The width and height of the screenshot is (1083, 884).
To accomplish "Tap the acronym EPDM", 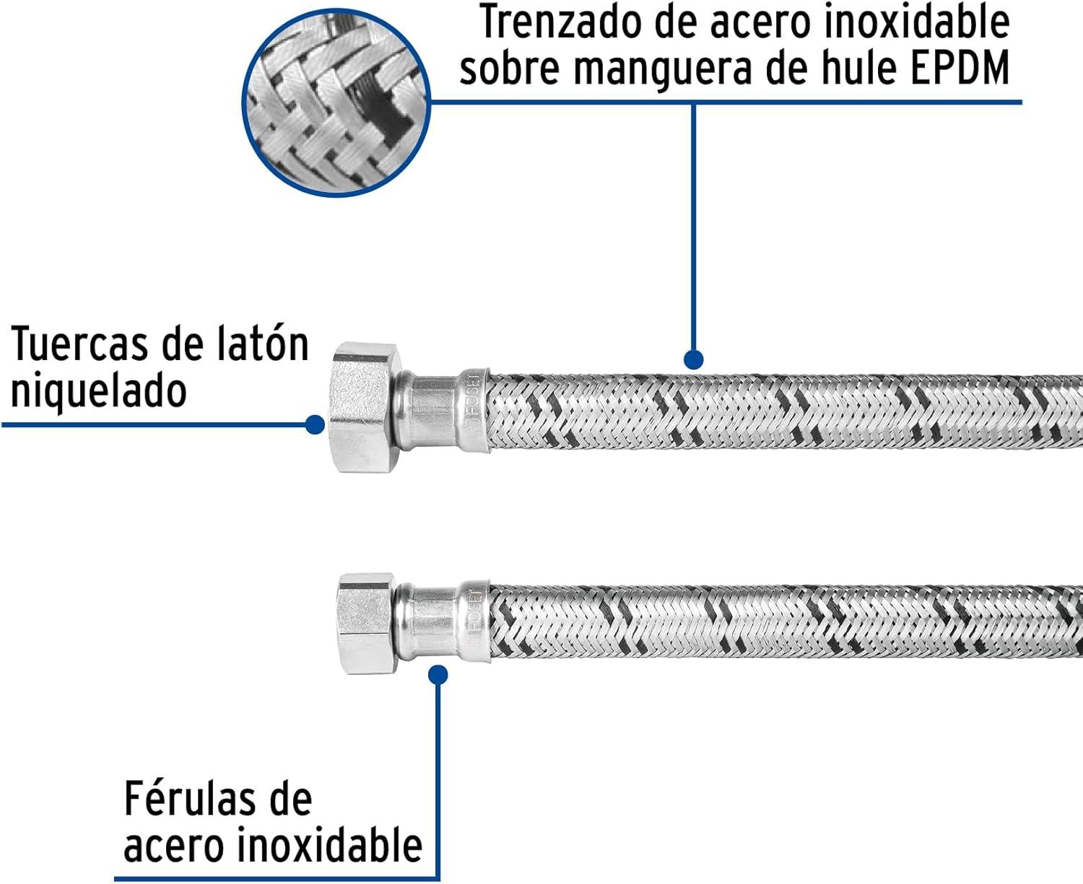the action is (960, 69).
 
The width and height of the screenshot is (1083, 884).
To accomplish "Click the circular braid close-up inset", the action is (336, 102).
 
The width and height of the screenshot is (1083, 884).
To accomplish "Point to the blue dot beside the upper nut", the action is (314, 424).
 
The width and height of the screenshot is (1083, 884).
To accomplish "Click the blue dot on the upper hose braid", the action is (693, 359).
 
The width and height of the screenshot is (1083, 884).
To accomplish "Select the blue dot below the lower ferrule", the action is (438, 675).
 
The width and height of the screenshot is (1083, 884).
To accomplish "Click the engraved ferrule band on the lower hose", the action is (474, 621).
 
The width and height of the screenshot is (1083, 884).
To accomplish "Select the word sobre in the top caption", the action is (508, 69).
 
